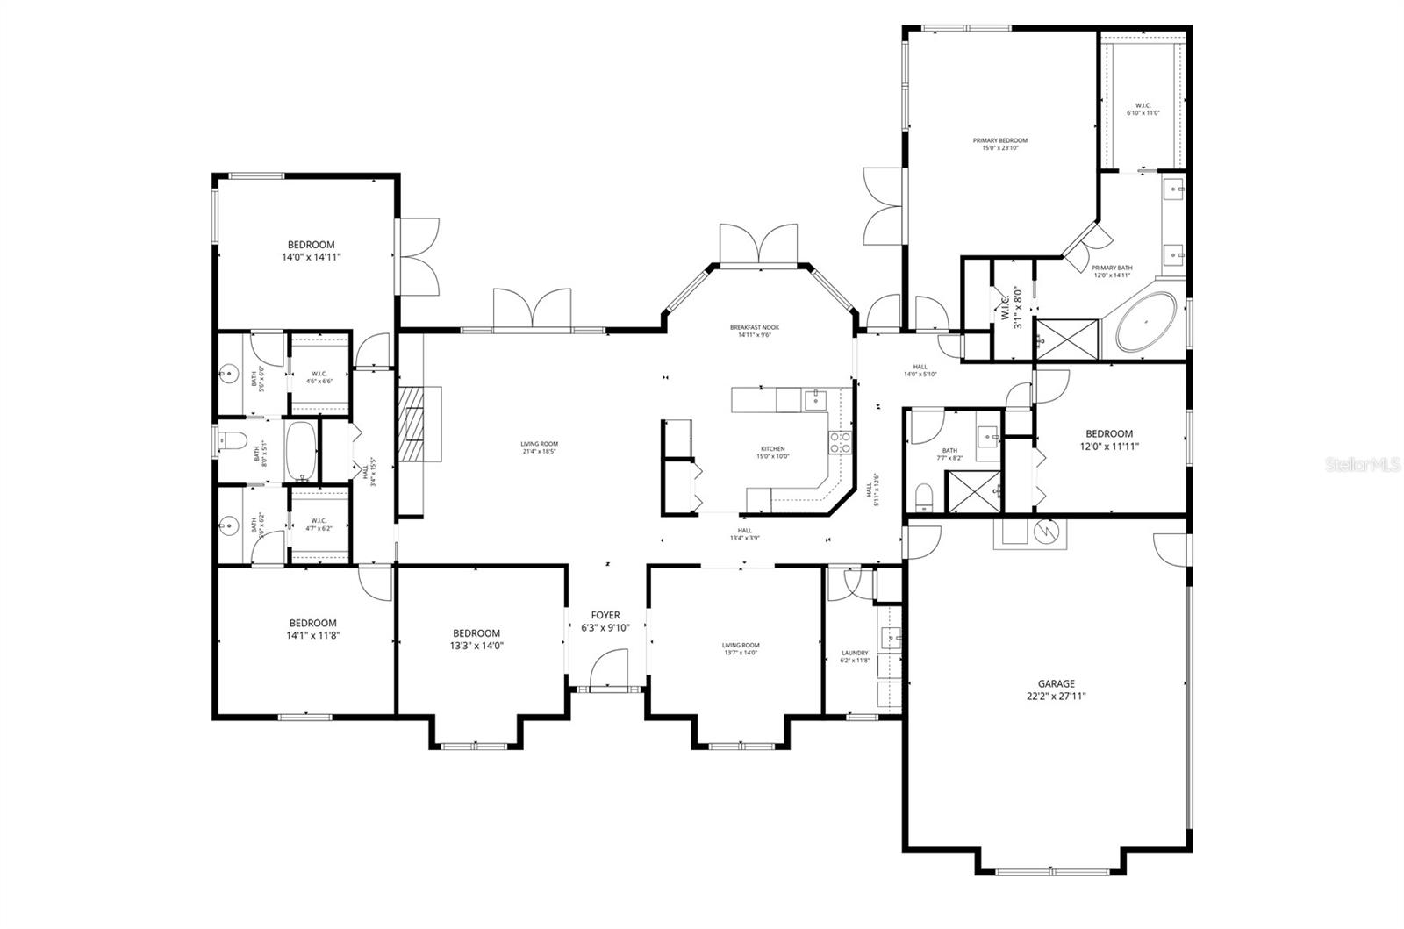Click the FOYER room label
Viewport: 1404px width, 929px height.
[605, 621]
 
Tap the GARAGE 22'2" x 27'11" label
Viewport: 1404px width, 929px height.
[1057, 690]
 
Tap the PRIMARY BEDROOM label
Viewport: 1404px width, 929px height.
[999, 144]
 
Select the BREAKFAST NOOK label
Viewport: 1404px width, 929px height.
[754, 331]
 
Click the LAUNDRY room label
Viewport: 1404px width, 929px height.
[854, 656]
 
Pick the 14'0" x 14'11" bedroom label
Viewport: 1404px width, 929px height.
[311, 251]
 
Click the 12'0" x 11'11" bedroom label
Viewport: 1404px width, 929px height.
[1109, 439]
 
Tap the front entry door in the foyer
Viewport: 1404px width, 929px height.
[608, 671]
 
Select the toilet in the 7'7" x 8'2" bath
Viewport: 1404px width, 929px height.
[924, 499]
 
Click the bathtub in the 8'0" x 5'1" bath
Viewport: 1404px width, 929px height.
[301, 451]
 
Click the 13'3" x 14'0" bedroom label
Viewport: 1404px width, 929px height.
[476, 639]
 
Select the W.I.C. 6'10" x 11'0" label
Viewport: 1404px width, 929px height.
[1143, 109]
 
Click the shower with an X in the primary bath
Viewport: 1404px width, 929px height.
[1067, 338]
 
